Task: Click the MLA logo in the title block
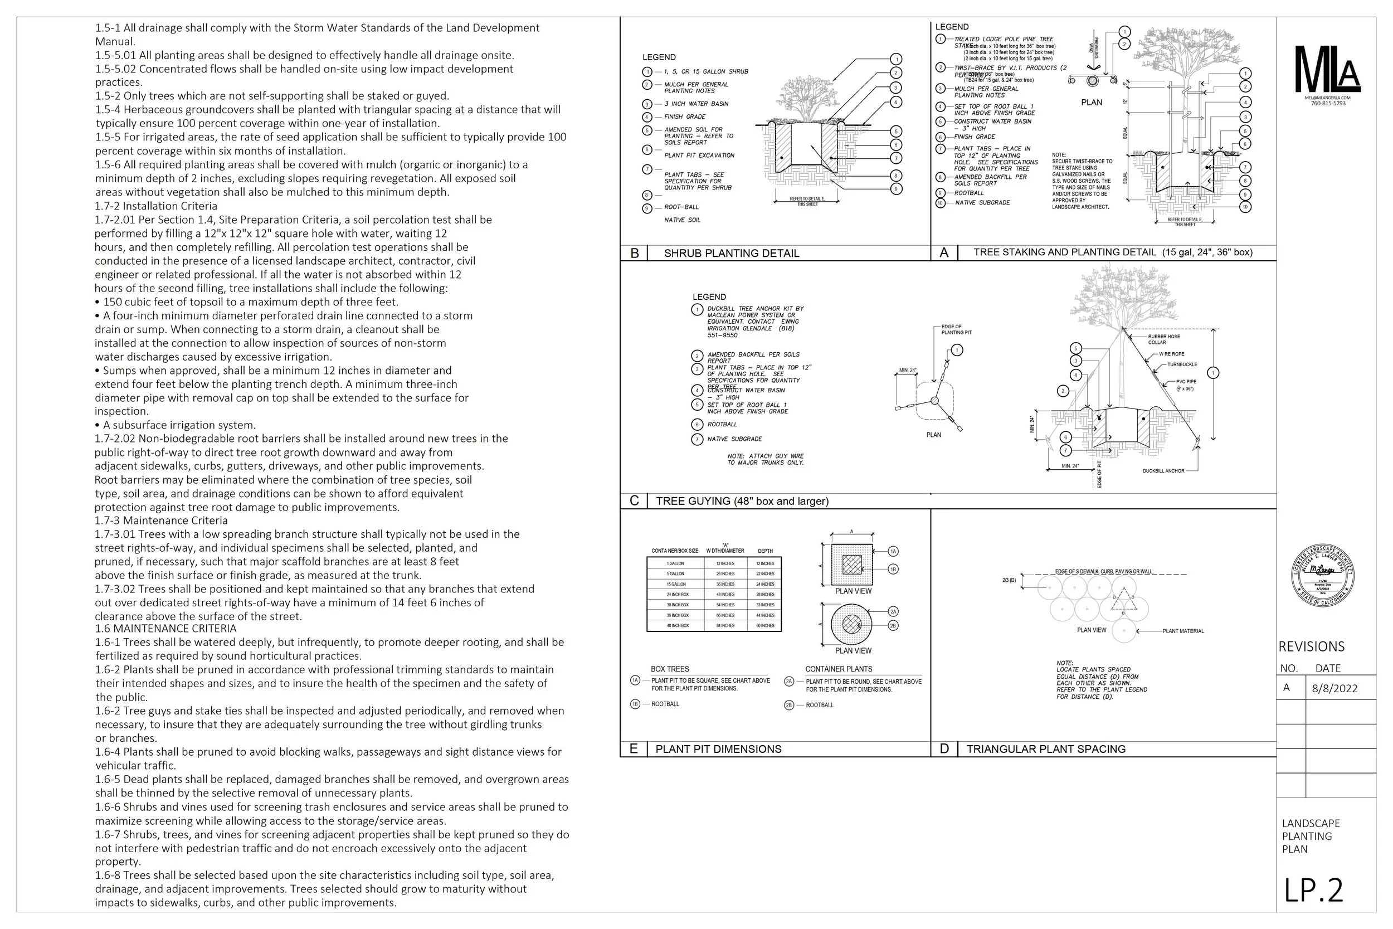[x=1327, y=69]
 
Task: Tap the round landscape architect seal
[x=1323, y=575]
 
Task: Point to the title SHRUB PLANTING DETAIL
[x=732, y=254]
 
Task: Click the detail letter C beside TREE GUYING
[x=634, y=501]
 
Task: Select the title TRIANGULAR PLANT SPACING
[x=1046, y=749]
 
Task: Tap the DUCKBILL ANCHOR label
[x=1163, y=471]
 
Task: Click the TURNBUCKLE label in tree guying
[x=1182, y=364]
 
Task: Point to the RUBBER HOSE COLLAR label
[x=1164, y=339]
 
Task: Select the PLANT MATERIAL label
[x=1183, y=631]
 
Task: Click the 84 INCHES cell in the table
[x=725, y=626]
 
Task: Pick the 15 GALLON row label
[x=675, y=584]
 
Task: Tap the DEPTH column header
[x=765, y=551]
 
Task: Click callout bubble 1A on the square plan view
[x=894, y=552]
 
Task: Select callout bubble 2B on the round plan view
[x=894, y=626]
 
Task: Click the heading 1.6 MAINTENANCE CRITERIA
[x=166, y=629]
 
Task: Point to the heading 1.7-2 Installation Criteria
[x=156, y=206]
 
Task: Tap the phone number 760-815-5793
[x=1328, y=104]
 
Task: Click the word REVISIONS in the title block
[x=1311, y=646]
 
